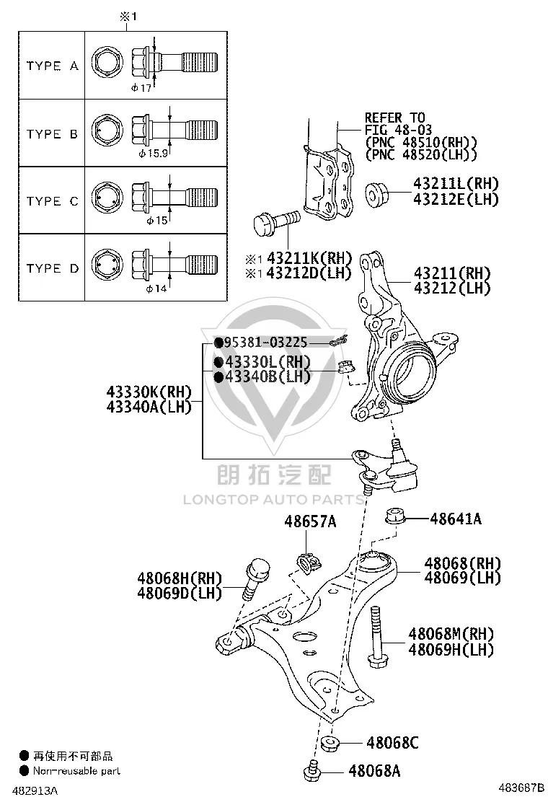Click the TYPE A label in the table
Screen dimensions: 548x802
[x=52, y=66]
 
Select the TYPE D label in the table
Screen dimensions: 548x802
[x=52, y=268]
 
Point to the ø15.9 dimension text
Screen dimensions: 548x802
[x=154, y=154]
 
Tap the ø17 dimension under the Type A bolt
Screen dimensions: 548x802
[x=141, y=88]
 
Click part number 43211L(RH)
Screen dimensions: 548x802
[x=456, y=184]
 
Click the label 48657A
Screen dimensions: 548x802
[x=310, y=521]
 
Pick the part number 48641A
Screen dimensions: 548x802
[x=456, y=519]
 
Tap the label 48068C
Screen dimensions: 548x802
[x=392, y=742]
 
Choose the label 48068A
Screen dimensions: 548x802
[x=374, y=770]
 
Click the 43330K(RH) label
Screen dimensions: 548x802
[x=149, y=392]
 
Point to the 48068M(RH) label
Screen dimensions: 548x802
[x=451, y=634]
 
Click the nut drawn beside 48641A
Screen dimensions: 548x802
[x=395, y=516]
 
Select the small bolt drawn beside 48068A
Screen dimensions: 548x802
[x=311, y=772]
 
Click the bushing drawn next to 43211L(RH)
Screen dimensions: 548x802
[x=378, y=193]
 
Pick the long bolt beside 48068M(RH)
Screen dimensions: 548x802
[x=376, y=636]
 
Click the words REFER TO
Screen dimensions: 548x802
[x=394, y=118]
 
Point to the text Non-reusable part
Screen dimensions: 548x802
[x=76, y=771]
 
